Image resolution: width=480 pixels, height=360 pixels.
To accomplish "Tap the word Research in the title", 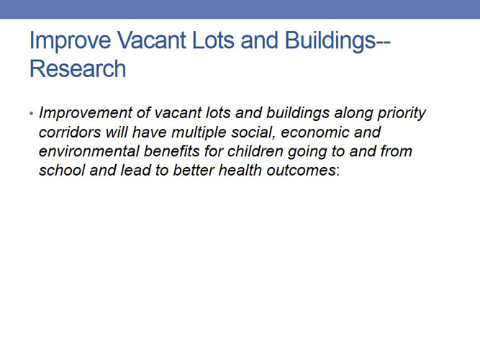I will coord(78,68).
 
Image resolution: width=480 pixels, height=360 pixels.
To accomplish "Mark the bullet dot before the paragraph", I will coord(32,115).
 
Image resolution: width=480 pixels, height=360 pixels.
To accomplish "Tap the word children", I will coord(256,153).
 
